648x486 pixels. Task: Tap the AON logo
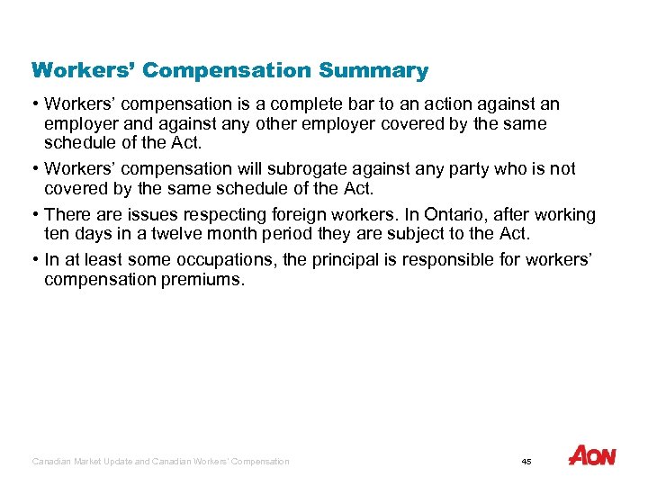(591, 455)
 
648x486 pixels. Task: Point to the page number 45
(526, 462)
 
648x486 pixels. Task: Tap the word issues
(135, 215)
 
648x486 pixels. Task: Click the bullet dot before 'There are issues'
(36, 215)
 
